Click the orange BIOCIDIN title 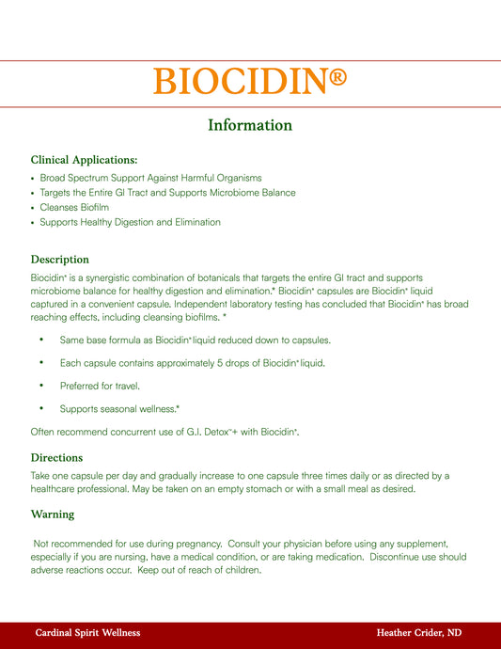click(x=240, y=82)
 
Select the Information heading click(x=250, y=125)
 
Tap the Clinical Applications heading click(x=84, y=160)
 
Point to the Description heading click(x=60, y=259)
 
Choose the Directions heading click(x=58, y=457)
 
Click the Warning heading click(x=53, y=514)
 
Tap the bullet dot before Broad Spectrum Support click(x=33, y=178)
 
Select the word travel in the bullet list click(x=129, y=385)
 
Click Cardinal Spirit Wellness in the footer click(x=87, y=633)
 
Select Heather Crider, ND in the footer click(x=418, y=633)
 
